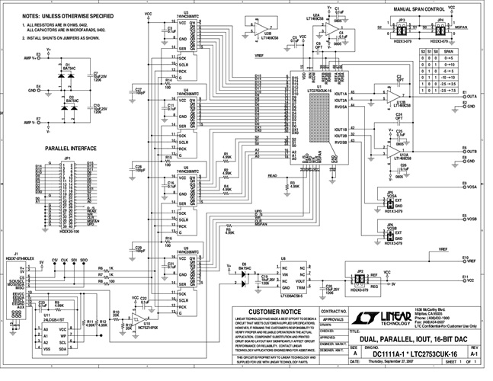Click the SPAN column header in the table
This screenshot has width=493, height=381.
450,50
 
